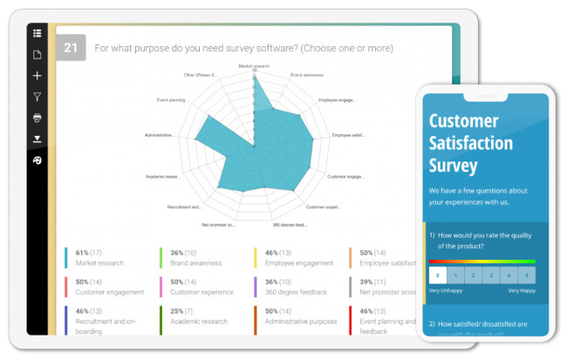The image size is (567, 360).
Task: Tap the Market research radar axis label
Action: [254, 65]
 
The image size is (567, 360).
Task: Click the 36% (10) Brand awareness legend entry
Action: [195, 257]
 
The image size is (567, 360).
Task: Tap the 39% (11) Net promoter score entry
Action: [384, 287]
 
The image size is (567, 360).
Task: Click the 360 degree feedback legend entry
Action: [290, 287]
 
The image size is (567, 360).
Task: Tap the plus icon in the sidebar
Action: [38, 76]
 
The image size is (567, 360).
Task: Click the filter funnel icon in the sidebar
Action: [38, 97]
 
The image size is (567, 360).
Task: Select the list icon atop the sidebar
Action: [38, 34]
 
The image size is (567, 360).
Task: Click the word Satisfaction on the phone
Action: [471, 143]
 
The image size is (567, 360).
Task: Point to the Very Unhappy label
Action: [444, 290]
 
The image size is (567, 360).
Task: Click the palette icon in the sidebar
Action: [38, 160]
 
